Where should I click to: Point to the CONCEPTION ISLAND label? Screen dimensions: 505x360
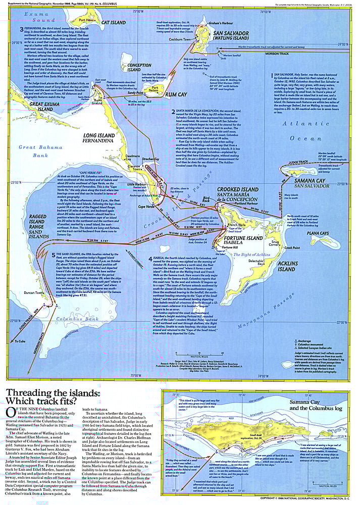point(139,68)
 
